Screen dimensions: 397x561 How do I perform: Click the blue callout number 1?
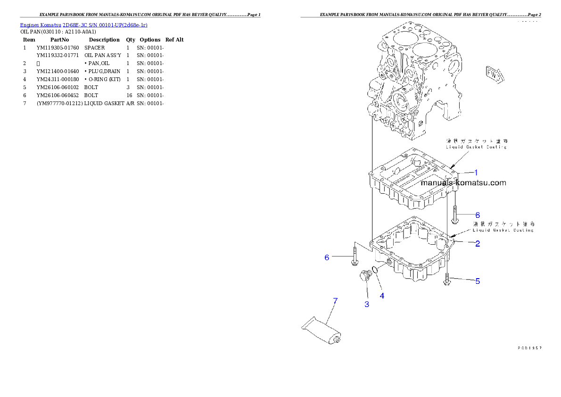tap(476, 173)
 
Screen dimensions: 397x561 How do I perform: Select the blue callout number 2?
tap(477, 244)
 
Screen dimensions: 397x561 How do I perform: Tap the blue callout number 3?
tap(367, 304)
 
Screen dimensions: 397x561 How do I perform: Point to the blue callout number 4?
tap(382, 296)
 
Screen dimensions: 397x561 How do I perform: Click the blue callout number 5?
tap(478, 281)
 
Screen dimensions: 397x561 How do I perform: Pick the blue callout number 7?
tap(335, 301)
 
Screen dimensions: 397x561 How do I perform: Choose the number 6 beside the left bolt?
tap(326, 257)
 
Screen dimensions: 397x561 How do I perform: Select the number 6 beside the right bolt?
tap(477, 215)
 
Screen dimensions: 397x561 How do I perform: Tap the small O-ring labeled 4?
tap(374, 270)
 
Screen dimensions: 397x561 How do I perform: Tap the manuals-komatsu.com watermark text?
tap(463, 183)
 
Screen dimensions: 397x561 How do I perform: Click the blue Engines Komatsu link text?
tap(83, 25)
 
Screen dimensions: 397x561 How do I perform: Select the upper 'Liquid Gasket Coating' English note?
tap(476, 147)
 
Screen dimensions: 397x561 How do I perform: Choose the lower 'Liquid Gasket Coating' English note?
tap(503, 230)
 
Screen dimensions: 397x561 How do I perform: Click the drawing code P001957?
tap(529, 348)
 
